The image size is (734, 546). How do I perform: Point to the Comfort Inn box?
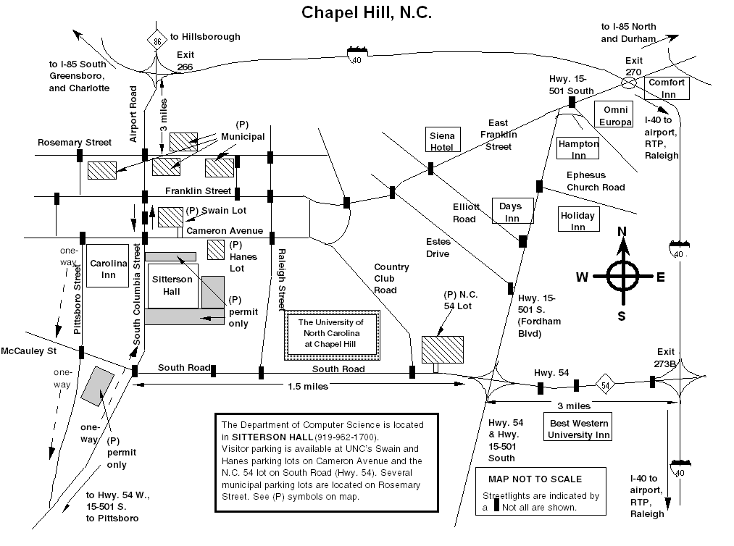coord(667,88)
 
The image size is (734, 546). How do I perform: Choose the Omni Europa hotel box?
coord(613,114)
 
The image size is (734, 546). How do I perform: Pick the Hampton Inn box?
coord(578,149)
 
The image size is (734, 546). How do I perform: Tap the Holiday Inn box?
coord(577,221)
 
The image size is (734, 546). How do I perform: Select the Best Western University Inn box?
coord(577,429)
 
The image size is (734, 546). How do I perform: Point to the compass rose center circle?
coord(622,275)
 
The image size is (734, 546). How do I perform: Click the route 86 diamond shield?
coord(157,43)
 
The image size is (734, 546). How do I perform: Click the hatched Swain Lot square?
coord(171,217)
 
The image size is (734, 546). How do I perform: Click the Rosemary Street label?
coord(75,143)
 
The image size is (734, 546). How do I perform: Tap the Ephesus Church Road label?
coord(596,181)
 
